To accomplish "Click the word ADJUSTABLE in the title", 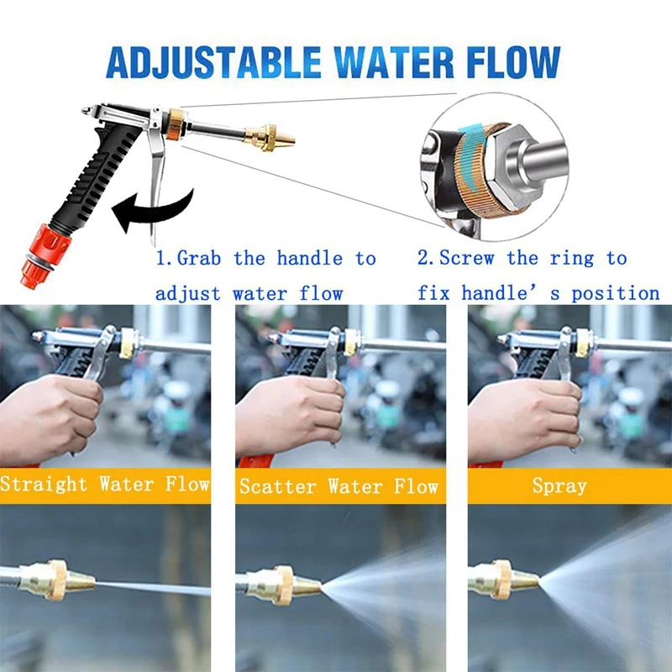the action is pos(213,62).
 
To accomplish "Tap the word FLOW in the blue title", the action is pos(513,62).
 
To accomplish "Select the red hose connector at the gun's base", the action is pos(45,255).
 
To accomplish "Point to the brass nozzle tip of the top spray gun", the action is pos(270,137).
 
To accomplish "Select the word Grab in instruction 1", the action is pos(199,259).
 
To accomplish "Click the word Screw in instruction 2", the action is pos(467,259).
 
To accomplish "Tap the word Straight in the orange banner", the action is pos(44,485).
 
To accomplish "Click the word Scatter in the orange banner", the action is pos(279,486).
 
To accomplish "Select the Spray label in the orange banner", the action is pos(559,486).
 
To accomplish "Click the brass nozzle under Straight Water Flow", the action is pos(58,580).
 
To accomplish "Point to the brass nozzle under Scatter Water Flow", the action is pos(283,585).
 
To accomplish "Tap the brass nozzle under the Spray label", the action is pos(503,580).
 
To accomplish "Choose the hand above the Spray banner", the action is pos(525,416).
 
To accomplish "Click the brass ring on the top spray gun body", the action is pos(176,124).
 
